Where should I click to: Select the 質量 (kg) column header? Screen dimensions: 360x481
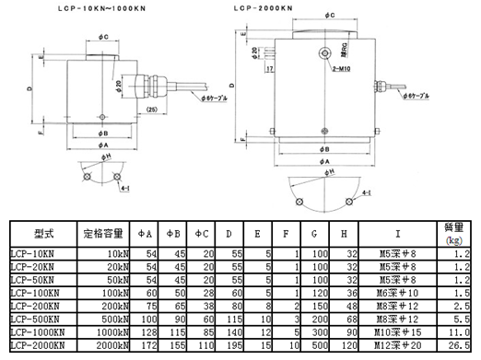pyautogui.click(x=454, y=231)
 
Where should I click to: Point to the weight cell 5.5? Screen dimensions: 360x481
pyautogui.click(x=463, y=316)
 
